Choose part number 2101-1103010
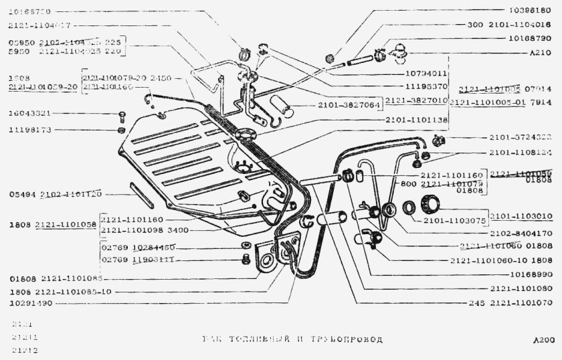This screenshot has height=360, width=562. click(x=521, y=216)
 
